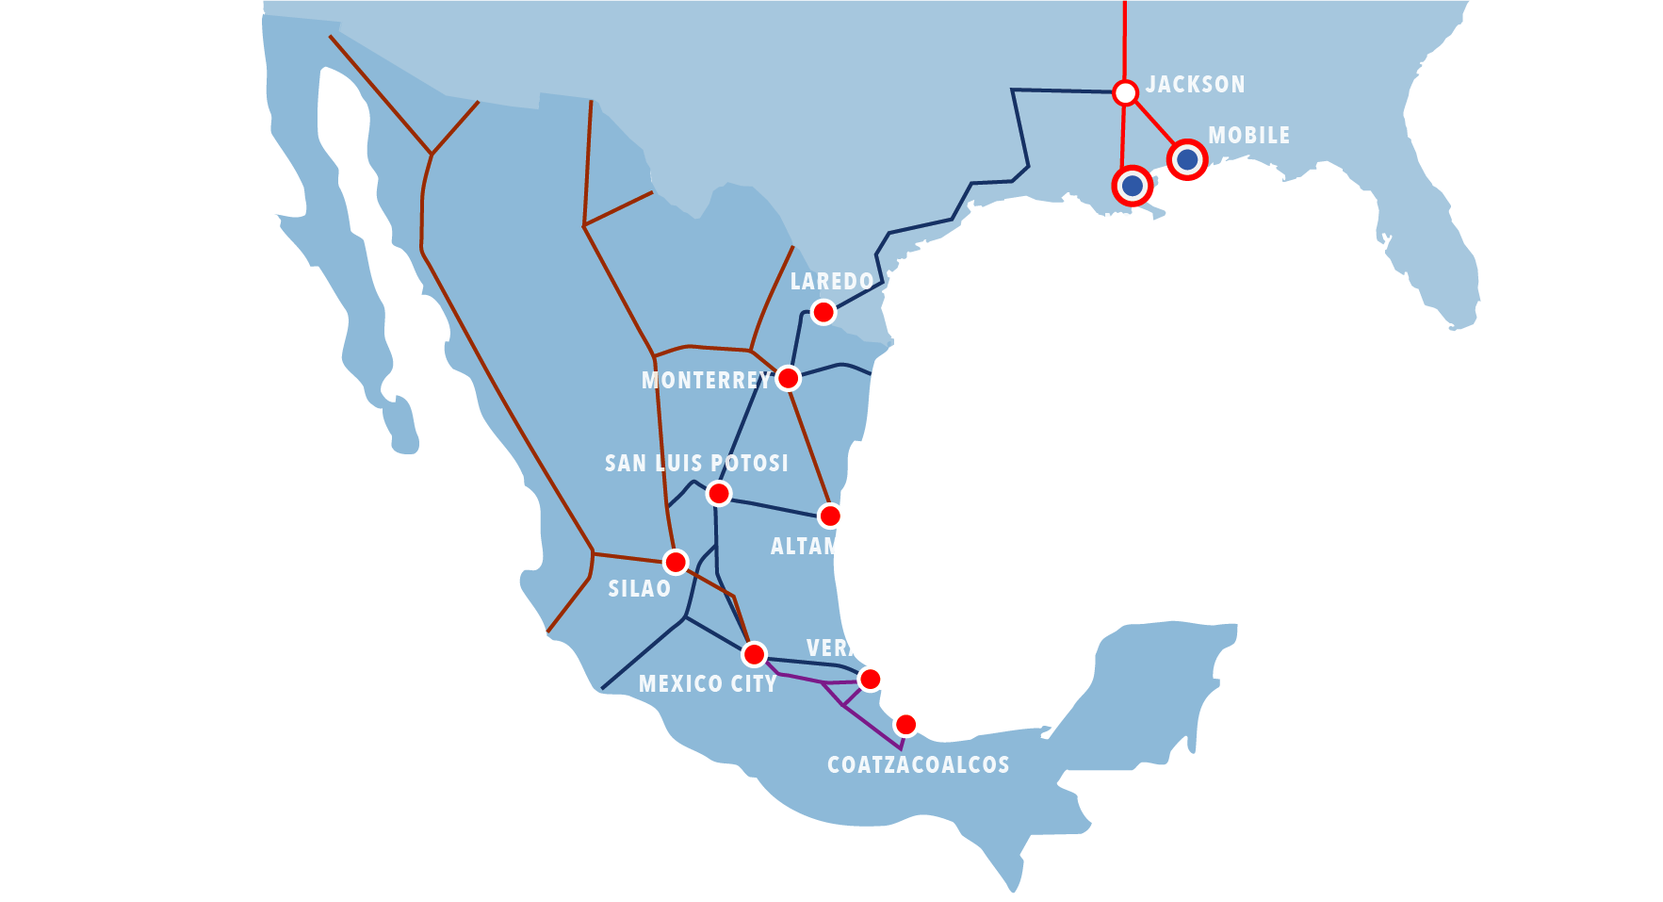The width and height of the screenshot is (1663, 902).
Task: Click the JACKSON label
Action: [1195, 85]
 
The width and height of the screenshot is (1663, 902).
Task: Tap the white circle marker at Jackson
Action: [1125, 92]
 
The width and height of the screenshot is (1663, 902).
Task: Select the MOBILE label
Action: [1248, 136]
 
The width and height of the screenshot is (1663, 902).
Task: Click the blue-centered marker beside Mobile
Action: [1187, 159]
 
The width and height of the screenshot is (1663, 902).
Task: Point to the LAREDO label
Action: [831, 282]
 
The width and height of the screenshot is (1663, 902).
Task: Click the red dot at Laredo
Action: [823, 312]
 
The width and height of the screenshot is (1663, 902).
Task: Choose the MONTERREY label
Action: [706, 381]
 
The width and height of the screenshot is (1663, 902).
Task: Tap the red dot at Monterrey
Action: [788, 379]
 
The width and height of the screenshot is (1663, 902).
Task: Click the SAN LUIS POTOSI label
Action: [696, 464]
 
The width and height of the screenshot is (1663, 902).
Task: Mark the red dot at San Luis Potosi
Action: [719, 493]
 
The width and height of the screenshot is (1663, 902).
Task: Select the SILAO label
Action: [639, 589]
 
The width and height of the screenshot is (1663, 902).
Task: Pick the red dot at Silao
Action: [676, 563]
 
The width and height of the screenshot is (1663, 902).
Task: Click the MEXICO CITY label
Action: [708, 684]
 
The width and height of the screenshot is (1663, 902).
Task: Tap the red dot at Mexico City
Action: [754, 654]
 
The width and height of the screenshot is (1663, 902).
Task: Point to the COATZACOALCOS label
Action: [918, 765]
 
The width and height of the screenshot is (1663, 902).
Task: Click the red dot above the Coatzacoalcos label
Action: [905, 725]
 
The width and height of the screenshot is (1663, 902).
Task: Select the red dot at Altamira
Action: [829, 516]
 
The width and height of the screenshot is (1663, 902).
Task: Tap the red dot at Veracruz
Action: [870, 680]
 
